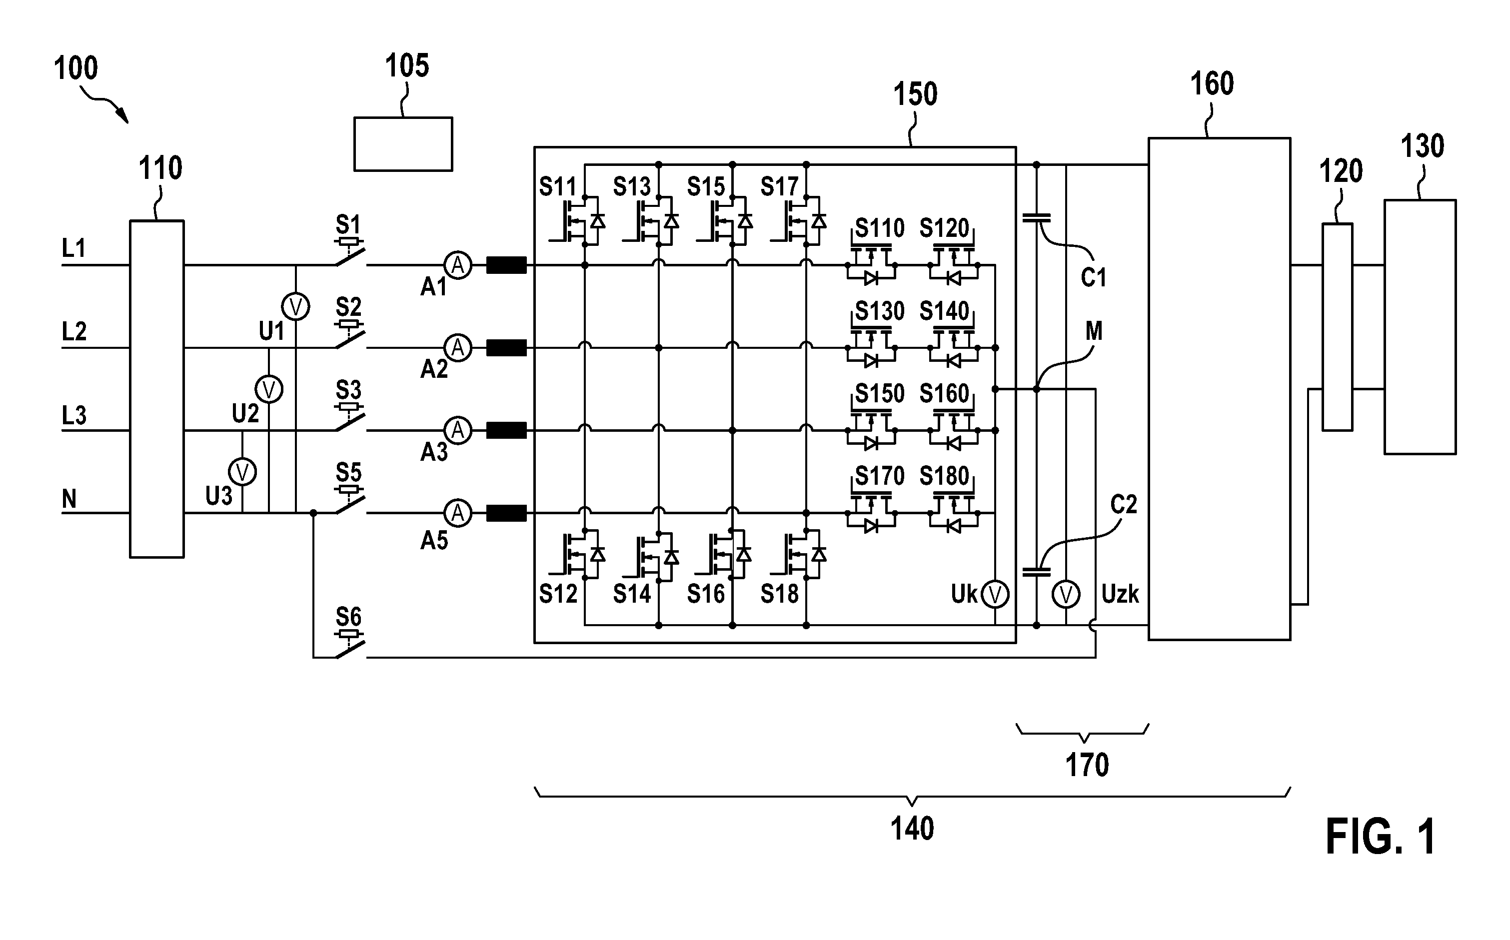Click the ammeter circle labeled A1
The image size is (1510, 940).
(457, 265)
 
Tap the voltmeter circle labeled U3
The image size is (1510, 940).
(242, 472)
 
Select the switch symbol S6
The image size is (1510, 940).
(350, 644)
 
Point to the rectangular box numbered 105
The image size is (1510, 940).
(403, 143)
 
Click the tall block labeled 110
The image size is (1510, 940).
(156, 389)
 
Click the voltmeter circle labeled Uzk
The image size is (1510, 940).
(1066, 595)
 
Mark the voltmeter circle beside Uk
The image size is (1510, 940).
(995, 595)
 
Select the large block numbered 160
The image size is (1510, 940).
(1219, 389)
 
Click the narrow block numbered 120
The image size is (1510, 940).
(1337, 327)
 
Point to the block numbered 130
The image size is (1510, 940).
(1420, 327)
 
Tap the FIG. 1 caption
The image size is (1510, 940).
(1381, 837)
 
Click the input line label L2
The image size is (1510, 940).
(74, 331)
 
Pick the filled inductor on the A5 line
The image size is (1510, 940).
(506, 513)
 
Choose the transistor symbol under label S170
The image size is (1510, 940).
(871, 513)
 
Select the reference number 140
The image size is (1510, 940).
(912, 829)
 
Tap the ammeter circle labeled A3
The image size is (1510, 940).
(457, 430)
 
